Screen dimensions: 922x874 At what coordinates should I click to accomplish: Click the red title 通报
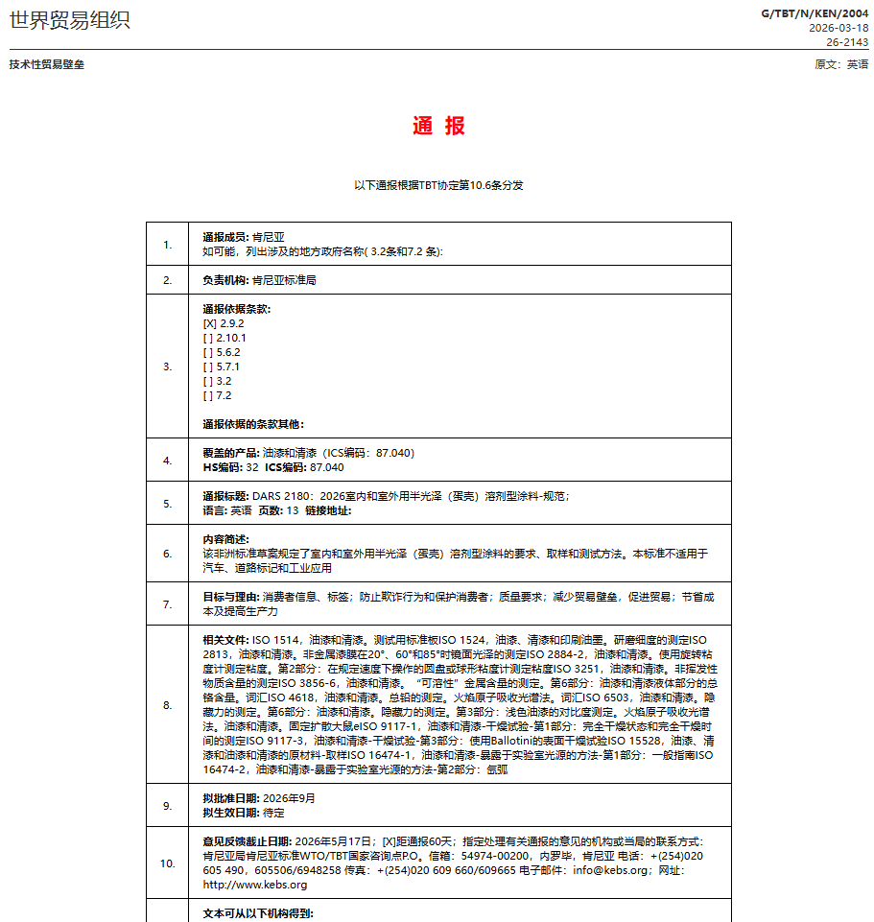coord(438,126)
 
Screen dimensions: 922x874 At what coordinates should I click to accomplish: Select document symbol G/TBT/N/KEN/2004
coord(815,13)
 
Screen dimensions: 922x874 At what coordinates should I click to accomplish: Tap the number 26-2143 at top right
coord(847,42)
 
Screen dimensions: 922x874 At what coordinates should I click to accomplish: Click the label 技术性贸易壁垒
coord(46,64)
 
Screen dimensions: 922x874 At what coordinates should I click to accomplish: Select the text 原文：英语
coord(841,64)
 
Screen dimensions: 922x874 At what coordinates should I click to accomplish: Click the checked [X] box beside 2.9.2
coord(209,323)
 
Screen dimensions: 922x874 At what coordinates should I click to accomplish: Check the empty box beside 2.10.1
coord(207,338)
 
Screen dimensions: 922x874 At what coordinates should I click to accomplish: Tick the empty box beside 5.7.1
coord(207,366)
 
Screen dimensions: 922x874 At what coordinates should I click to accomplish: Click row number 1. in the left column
coord(168,245)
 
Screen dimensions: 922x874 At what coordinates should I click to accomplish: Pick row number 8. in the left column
coord(168,705)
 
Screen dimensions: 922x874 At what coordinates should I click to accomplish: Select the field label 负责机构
coord(224,280)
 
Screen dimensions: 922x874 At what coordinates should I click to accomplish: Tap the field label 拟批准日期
coord(230,798)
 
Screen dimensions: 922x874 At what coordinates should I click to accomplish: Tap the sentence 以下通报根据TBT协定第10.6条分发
coord(438,185)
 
